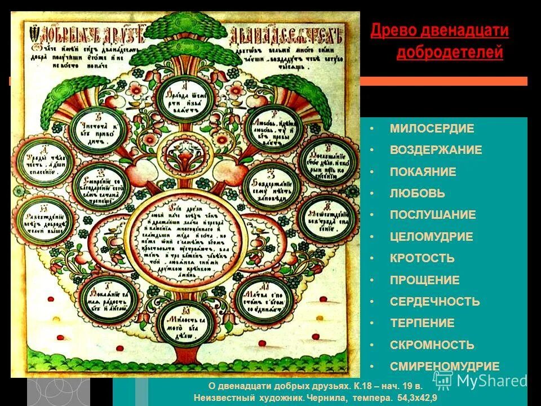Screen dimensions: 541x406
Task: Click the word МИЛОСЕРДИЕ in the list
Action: pyautogui.click(x=432, y=129)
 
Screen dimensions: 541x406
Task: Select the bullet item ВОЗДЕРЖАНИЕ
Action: pyautogui.click(x=436, y=150)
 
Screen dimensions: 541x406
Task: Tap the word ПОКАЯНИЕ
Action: pyautogui.click(x=423, y=172)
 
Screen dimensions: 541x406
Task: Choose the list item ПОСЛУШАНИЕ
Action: pyautogui.click(x=432, y=215)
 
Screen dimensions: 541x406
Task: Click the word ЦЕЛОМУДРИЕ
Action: pyautogui.click(x=431, y=237)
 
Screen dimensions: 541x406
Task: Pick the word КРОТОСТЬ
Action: pyautogui.click(x=422, y=258)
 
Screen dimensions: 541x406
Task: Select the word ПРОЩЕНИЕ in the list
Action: pyautogui.click(x=424, y=280)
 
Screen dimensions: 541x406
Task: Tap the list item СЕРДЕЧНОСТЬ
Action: pyautogui.click(x=434, y=302)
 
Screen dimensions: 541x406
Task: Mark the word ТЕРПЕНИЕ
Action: pyautogui.click(x=422, y=323)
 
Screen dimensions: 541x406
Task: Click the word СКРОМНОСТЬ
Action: pyautogui.click(x=432, y=345)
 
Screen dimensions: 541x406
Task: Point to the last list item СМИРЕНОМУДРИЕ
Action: pyautogui.click(x=444, y=367)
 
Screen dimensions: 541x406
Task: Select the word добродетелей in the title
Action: pyautogui.click(x=449, y=53)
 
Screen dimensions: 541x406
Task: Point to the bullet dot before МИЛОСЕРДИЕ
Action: pyautogui.click(x=372, y=129)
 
